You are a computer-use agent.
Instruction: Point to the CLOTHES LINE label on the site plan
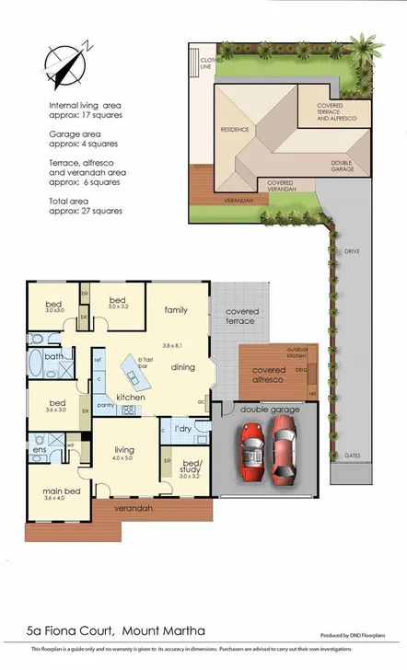point(212,63)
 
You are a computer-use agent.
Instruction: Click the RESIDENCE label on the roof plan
point(235,130)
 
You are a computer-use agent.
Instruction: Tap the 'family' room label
point(176,310)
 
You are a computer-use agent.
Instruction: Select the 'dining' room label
point(183,367)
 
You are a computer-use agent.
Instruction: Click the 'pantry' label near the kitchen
point(105,405)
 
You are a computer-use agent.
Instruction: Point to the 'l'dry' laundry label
point(182,428)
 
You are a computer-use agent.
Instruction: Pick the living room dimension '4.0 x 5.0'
point(123,457)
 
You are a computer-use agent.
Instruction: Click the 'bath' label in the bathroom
point(54,355)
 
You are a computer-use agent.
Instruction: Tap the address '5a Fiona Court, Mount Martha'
point(116,630)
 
